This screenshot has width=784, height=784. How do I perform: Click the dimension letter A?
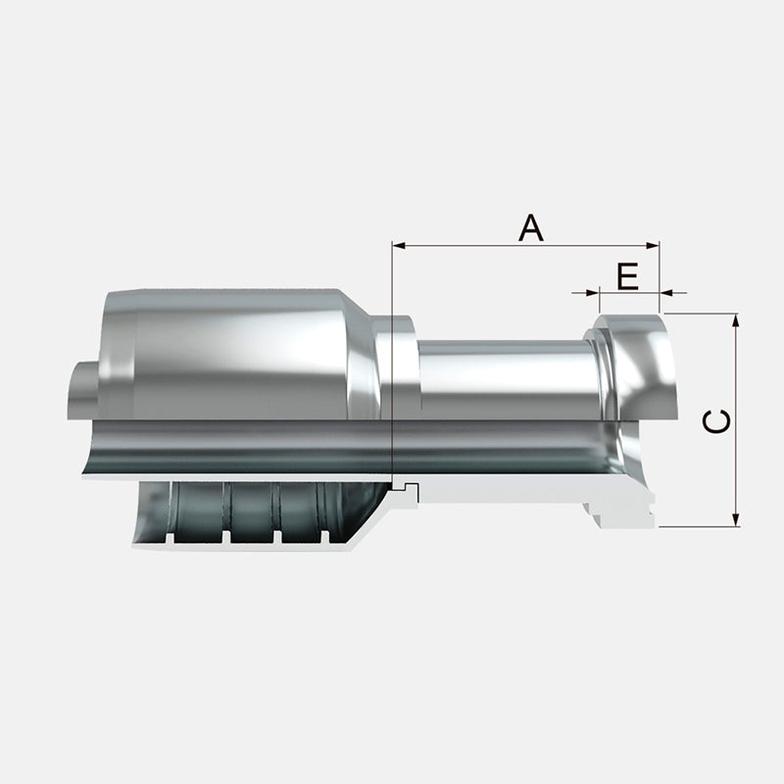click(530, 227)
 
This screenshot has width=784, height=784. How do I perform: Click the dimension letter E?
click(627, 276)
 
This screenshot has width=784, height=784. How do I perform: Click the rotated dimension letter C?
click(716, 420)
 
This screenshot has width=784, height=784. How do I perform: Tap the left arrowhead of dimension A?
click(399, 246)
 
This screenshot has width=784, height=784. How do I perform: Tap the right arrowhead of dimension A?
click(653, 246)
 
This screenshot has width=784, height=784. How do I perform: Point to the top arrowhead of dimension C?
click(735, 320)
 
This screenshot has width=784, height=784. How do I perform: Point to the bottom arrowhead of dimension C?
click(735, 520)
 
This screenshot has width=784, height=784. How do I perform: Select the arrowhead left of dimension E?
click(593, 292)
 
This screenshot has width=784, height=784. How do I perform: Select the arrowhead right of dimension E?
click(666, 292)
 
